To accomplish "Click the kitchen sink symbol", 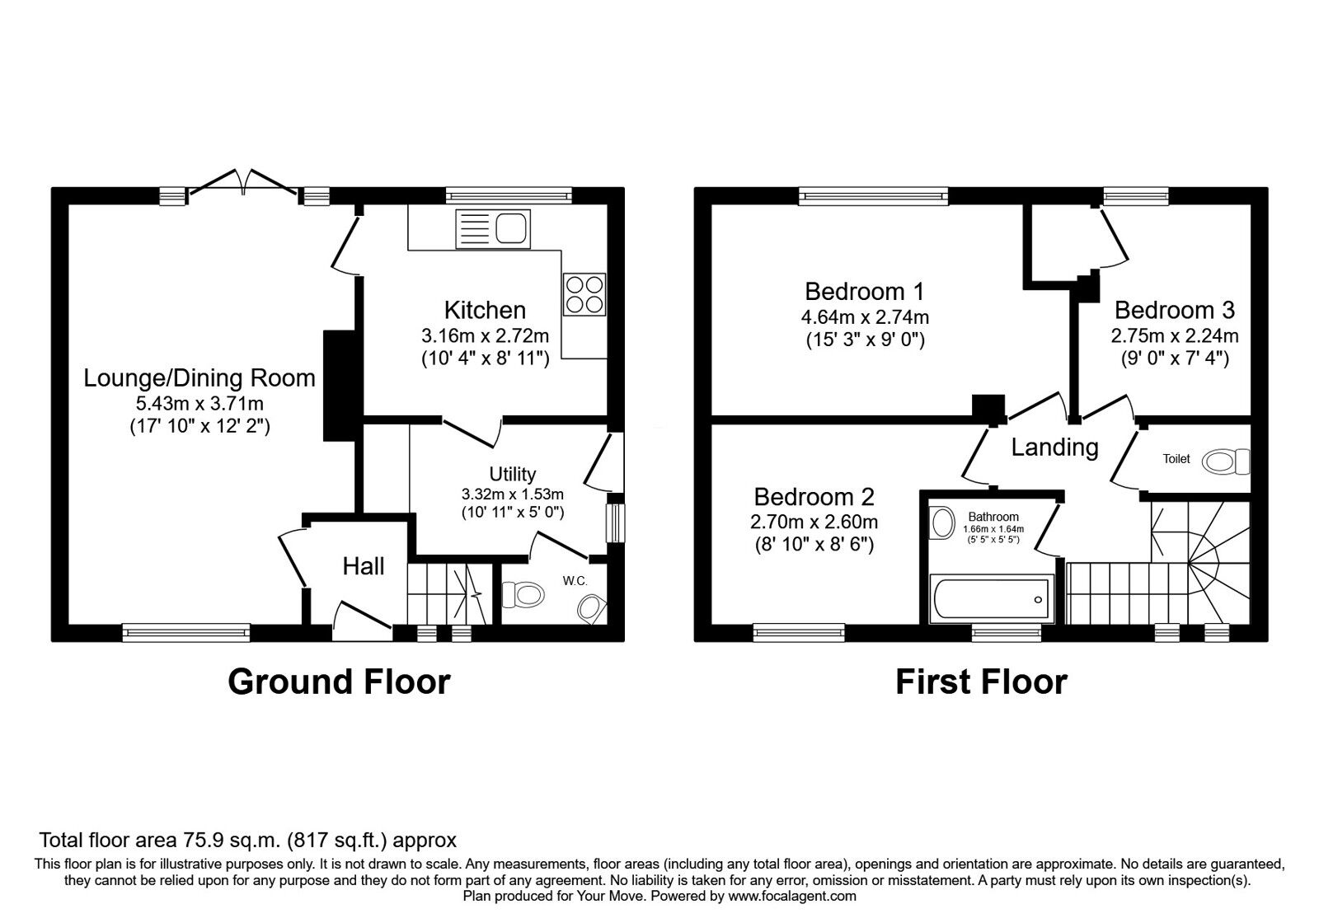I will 493,228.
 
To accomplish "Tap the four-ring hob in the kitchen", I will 584,293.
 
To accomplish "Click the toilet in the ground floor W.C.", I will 524,593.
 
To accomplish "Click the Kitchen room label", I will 485,311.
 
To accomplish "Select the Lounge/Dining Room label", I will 199,378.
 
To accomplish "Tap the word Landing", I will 1054,447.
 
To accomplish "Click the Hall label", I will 364,566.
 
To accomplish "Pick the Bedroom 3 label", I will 1174,310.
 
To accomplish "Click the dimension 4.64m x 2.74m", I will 865,317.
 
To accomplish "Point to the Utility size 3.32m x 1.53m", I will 512,494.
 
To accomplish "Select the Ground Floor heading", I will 339,682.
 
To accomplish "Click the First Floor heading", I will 981,682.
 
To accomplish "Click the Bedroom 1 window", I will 873,195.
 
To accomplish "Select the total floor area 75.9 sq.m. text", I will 247,841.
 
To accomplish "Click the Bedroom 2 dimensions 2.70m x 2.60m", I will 814,522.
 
